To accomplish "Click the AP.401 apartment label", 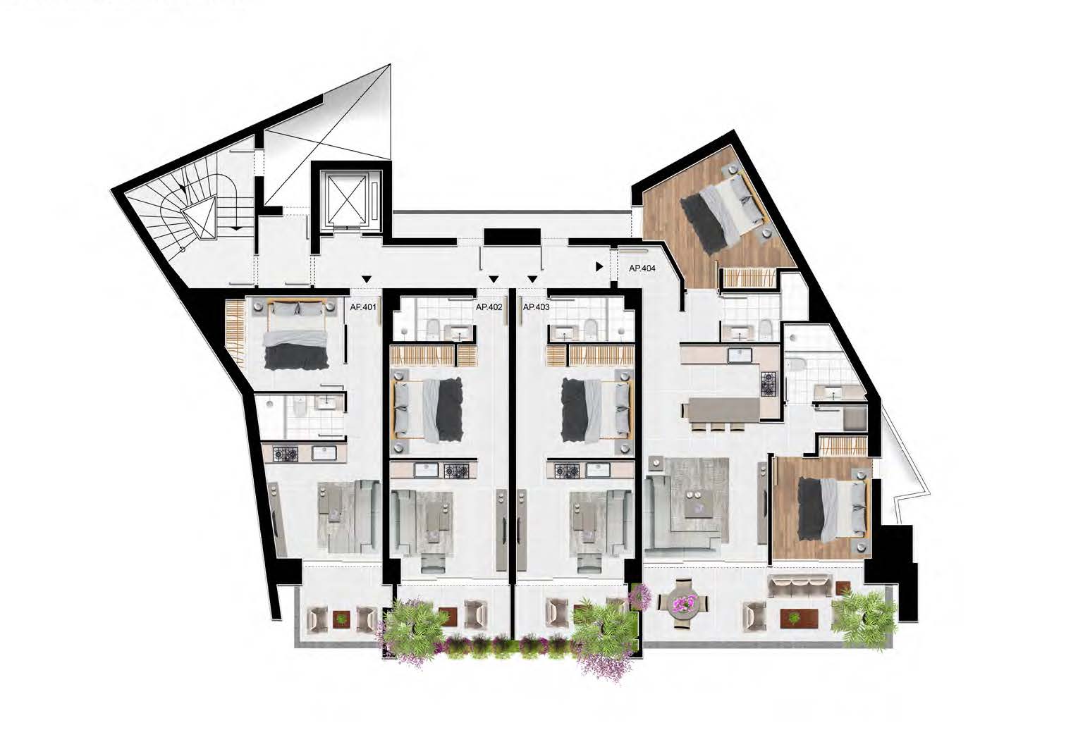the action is [x=363, y=307].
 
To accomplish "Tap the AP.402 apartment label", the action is [x=489, y=307].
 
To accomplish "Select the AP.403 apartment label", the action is [x=536, y=307].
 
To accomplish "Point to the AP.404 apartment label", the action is [x=642, y=269].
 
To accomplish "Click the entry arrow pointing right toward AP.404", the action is [x=599, y=266].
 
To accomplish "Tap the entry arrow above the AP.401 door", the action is [x=367, y=278].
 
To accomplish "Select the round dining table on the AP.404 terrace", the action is [x=683, y=608].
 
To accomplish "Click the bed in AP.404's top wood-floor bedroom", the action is [x=722, y=210].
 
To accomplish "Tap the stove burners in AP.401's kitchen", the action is [x=286, y=453].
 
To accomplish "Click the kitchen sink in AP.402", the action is [x=426, y=470].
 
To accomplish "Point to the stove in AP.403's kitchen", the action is [x=567, y=470].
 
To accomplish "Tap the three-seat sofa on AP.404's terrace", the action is [x=800, y=588].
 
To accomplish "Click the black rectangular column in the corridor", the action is [x=512, y=237].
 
